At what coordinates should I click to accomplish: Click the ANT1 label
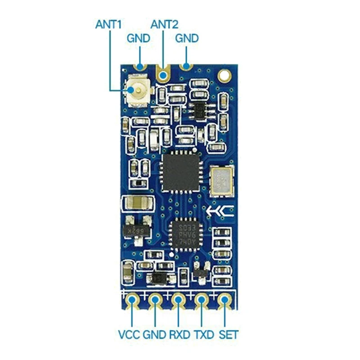click(109, 24)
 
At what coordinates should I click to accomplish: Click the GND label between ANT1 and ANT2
click(138, 38)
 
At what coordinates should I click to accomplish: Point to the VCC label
click(129, 335)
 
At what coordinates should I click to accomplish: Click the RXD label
click(180, 335)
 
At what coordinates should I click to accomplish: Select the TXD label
click(204, 335)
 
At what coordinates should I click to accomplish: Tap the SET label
click(228, 335)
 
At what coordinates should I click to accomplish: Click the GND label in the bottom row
click(155, 335)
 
